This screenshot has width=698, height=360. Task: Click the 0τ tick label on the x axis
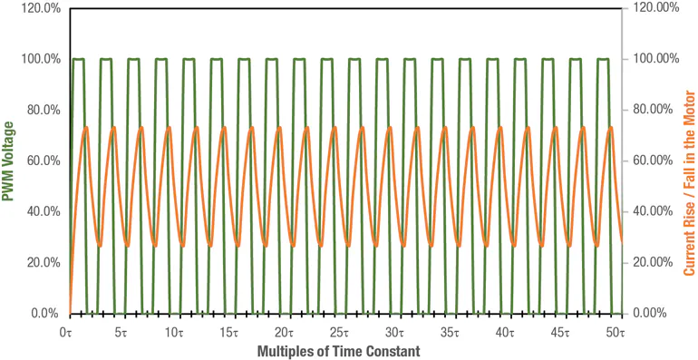coord(66,332)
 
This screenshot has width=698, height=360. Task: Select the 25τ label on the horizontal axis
coord(341,332)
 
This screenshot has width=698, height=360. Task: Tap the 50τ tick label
coord(616,332)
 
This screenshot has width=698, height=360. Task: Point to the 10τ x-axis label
coord(176,332)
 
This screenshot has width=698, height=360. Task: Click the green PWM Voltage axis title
coord(10,161)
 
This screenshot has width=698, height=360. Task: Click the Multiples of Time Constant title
coord(341,350)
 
